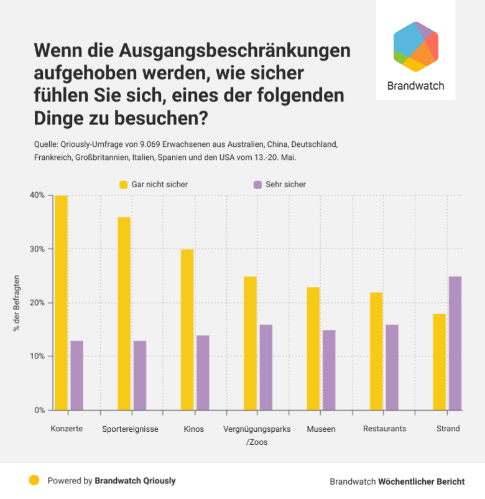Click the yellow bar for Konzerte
pyautogui.click(x=61, y=303)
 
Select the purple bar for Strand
pyautogui.click(x=455, y=343)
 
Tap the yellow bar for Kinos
pyautogui.click(x=187, y=330)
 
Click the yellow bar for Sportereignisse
pyautogui.click(x=124, y=314)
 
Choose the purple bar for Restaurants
pyautogui.click(x=392, y=368)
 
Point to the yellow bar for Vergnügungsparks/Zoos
pyautogui.click(x=250, y=343)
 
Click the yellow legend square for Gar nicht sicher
pyautogui.click(x=124, y=185)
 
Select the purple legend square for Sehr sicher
pyautogui.click(x=257, y=185)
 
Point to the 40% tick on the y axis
pyautogui.click(x=37, y=195)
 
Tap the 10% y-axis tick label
pyautogui.click(x=37, y=357)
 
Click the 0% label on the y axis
pyautogui.click(x=39, y=410)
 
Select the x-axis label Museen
pyautogui.click(x=321, y=429)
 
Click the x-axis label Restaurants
pyautogui.click(x=384, y=429)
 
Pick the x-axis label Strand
pyautogui.click(x=448, y=429)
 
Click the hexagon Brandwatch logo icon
pyautogui.click(x=416, y=47)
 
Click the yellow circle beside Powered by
pyautogui.click(x=34, y=480)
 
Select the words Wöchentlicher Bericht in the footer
pyautogui.click(x=422, y=482)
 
